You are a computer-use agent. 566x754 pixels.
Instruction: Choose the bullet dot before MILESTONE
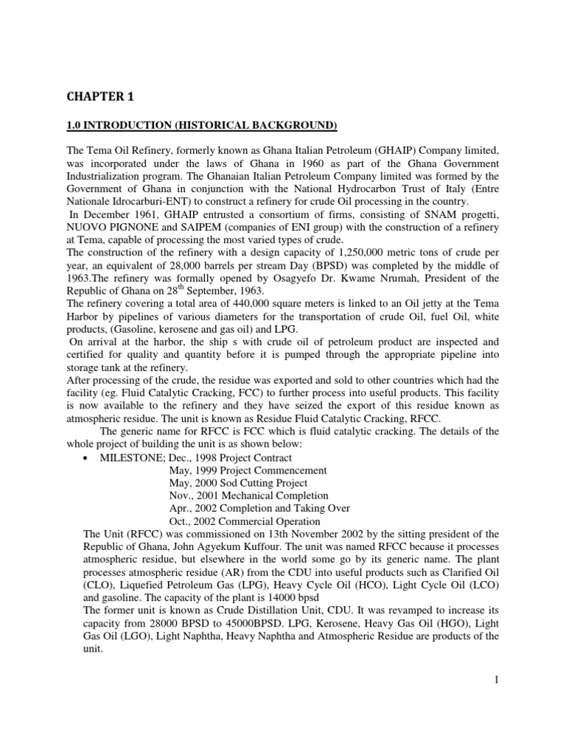tap(88, 457)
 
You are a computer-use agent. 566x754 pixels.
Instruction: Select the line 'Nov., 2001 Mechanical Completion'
tap(248, 496)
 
